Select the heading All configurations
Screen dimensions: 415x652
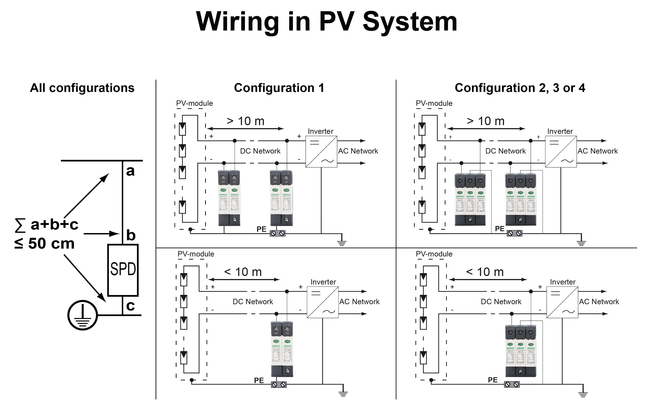[82, 88]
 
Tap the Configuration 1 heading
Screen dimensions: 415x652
[279, 88]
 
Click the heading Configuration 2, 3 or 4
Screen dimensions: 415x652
[520, 88]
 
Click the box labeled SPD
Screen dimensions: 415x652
[123, 270]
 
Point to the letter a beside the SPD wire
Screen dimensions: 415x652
[130, 171]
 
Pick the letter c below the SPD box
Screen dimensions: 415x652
[130, 306]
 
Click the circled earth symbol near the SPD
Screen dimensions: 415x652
[82, 315]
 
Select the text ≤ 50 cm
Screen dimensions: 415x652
[45, 243]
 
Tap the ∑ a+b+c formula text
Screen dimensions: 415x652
[47, 225]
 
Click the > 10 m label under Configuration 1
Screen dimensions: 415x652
[246, 121]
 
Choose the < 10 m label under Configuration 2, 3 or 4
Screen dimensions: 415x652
[485, 272]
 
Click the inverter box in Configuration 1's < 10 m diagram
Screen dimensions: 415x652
[323, 303]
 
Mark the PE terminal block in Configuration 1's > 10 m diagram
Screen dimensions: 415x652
[277, 233]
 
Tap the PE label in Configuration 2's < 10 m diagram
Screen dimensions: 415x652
[492, 380]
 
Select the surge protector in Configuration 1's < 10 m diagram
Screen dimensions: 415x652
[282, 349]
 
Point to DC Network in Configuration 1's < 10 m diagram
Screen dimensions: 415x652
[253, 302]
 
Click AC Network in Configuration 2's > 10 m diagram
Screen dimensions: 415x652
[598, 151]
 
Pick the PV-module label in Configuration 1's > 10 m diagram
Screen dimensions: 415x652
[194, 103]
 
